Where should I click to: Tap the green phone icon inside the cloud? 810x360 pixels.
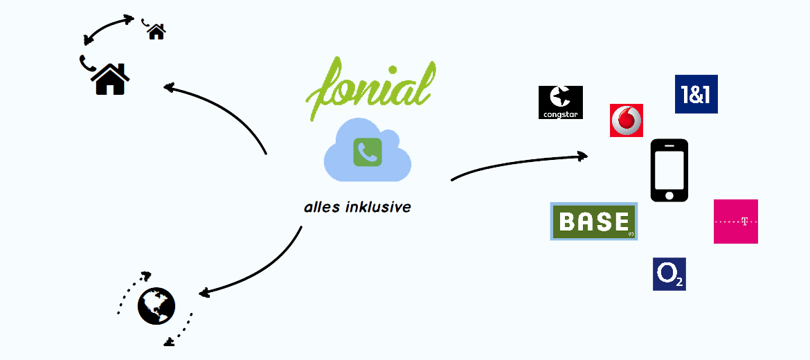368,152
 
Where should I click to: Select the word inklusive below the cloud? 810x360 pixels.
379,208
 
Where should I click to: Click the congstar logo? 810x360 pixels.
561,102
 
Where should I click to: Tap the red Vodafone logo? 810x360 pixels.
626,120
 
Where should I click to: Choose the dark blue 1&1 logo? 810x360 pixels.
696,94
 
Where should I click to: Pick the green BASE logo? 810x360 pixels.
594,221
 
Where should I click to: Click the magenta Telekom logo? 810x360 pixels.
736,221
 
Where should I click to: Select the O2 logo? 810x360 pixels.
669,273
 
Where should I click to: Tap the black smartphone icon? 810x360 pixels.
669,170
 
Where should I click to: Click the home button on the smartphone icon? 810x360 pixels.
669,195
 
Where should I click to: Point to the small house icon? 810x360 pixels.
156,32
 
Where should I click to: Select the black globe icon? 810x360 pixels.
156,306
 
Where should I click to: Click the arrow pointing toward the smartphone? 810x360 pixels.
519,163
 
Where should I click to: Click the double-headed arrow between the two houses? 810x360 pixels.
108,27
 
